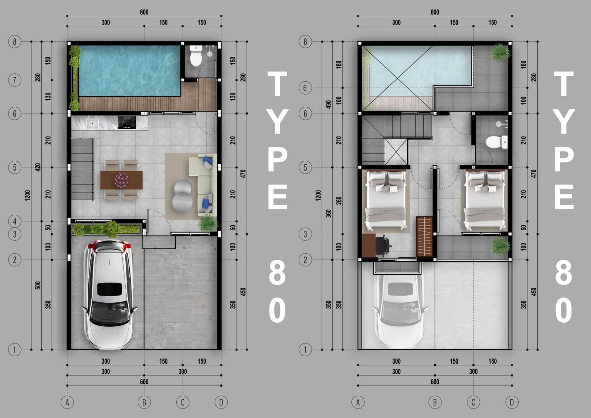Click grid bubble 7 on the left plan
pos(14,80)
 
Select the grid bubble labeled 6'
pos(305,88)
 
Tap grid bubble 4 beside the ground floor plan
pos(14,221)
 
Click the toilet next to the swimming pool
pos(196,56)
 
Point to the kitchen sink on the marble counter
pos(92,123)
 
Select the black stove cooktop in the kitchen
pos(127,123)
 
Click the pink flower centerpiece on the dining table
pos(121,180)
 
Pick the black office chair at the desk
pos(383,245)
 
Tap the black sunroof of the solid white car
pos(109,289)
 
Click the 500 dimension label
pos(38,285)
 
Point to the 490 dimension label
pos(329,105)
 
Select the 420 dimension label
pos(38,167)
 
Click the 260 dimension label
pos(339,201)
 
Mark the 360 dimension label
pos(329,214)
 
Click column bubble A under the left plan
pos(67,402)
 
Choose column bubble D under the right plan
pos(512,402)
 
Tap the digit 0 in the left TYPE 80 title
pos(277,310)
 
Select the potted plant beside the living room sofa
pos(208,223)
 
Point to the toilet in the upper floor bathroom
pos(496,142)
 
